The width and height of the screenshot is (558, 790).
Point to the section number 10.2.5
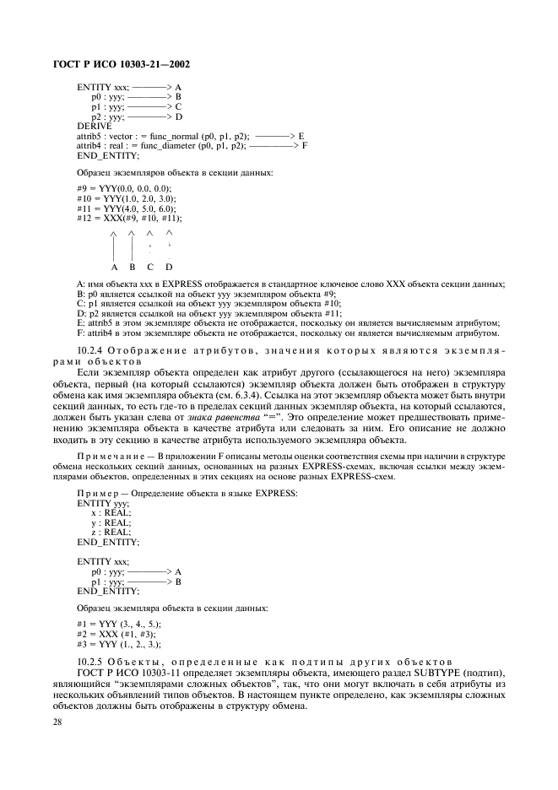coord(91,662)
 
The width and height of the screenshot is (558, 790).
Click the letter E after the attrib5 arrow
coord(301,135)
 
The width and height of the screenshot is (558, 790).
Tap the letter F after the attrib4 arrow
coord(304,145)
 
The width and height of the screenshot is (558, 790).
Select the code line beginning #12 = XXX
coord(128,218)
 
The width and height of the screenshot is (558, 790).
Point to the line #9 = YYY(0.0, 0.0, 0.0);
coord(123,187)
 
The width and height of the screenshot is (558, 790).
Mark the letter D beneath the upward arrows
coord(169,267)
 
